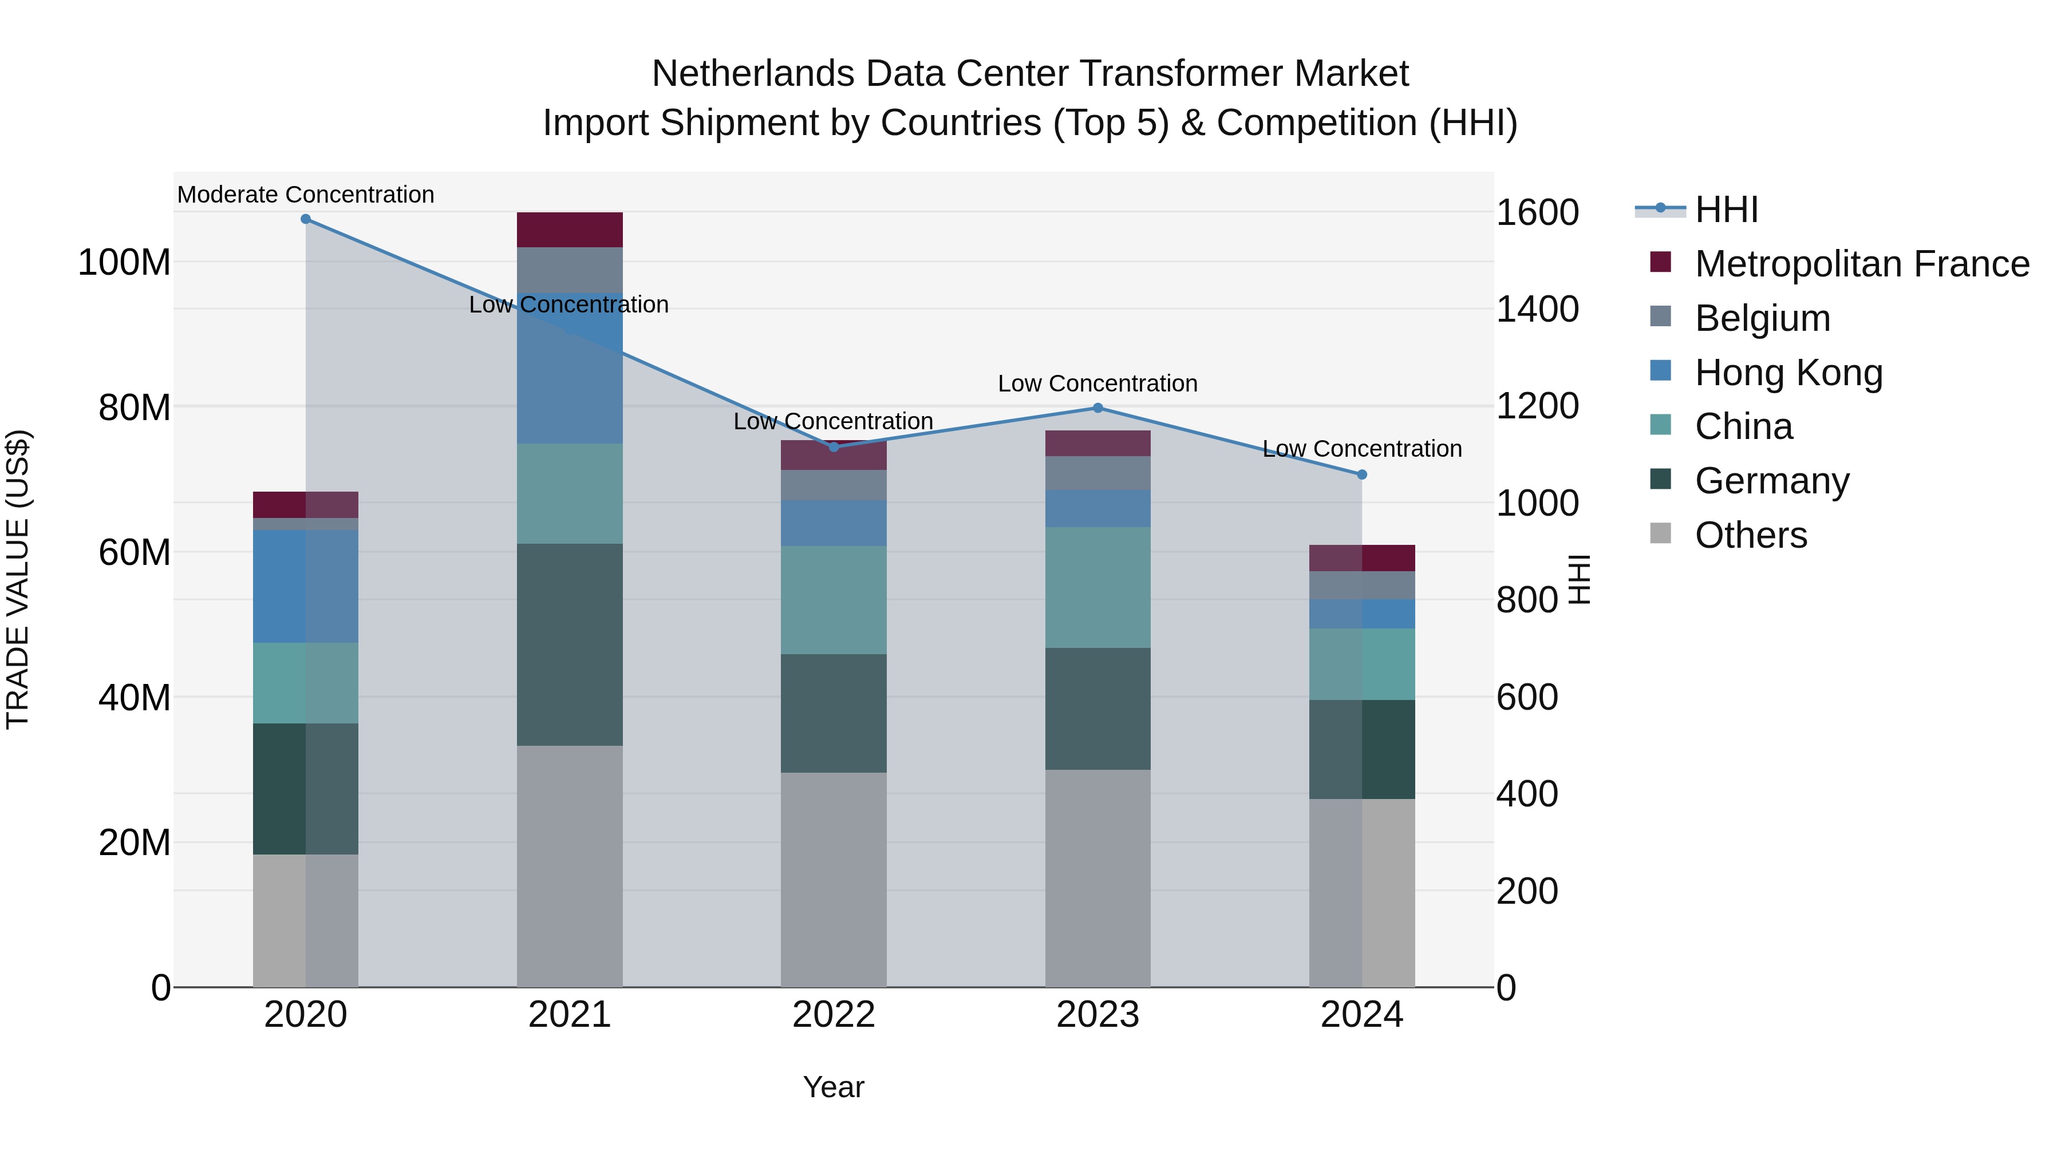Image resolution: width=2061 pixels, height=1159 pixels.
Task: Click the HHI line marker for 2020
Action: (306, 219)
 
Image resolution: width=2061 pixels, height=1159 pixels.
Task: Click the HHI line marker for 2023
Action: (1097, 408)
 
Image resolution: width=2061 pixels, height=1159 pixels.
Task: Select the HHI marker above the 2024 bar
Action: (1362, 474)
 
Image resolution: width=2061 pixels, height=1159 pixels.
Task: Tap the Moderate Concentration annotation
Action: (306, 195)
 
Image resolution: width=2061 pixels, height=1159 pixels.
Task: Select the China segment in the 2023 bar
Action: (1097, 587)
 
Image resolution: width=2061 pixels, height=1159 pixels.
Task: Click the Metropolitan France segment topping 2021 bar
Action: (570, 230)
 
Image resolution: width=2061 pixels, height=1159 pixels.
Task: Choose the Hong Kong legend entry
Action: (1788, 372)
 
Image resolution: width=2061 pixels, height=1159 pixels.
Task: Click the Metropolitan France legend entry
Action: (1861, 263)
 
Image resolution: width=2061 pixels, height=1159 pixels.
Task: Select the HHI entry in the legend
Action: (1727, 209)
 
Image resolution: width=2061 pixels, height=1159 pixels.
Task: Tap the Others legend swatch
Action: (1661, 533)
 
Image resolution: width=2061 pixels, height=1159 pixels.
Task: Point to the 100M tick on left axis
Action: (125, 262)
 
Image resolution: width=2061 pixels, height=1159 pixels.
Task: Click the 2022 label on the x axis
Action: (834, 1015)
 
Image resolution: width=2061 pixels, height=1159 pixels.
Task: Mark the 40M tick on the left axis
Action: (135, 698)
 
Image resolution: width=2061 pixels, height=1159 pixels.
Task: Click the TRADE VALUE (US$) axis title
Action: (18, 579)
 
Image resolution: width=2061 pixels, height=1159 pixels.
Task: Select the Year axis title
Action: (834, 1087)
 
